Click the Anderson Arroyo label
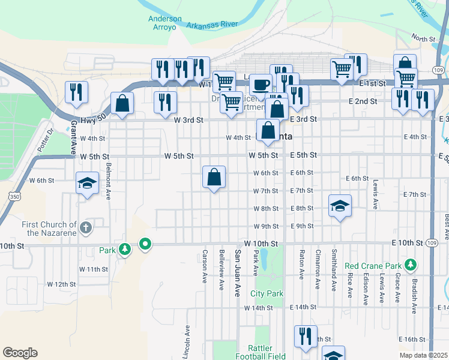(165, 23)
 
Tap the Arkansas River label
(212, 25)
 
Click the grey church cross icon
(86, 227)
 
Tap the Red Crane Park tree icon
(411, 264)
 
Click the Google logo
(20, 353)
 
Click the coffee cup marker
(260, 84)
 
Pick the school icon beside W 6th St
(87, 182)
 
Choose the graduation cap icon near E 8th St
(340, 206)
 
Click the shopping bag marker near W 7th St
(214, 177)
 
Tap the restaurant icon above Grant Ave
(76, 91)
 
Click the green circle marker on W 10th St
(145, 244)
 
